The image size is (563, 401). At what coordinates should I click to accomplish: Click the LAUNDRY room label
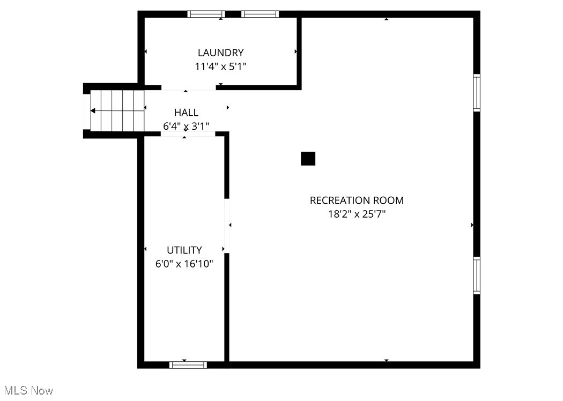point(220,53)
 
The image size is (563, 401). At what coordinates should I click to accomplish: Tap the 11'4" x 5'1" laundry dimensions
point(220,66)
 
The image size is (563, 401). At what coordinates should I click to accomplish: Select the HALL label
point(186,113)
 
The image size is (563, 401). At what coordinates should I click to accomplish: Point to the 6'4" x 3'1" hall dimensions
point(186,127)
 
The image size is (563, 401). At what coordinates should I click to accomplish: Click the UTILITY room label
point(184,250)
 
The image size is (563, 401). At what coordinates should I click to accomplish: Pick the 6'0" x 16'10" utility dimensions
point(184,264)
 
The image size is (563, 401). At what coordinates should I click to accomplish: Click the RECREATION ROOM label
point(357,200)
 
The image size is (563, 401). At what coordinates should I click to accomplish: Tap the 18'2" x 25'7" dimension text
point(357,214)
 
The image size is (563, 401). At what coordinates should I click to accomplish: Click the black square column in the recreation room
point(308,159)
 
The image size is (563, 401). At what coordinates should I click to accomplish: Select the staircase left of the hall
point(117,110)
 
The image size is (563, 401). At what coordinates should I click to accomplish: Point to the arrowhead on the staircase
point(93,111)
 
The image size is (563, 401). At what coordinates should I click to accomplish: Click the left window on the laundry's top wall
point(206,14)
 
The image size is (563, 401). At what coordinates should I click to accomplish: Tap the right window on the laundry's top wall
point(260,14)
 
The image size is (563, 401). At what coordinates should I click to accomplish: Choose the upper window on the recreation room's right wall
point(476,93)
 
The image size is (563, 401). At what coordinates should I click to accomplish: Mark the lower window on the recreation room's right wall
point(476,275)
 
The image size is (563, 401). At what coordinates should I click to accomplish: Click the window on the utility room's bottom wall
point(188,365)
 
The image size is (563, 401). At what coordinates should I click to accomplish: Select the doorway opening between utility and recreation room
point(227,225)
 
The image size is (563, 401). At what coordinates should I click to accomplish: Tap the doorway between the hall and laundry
point(188,88)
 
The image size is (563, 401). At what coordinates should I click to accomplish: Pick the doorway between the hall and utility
point(188,134)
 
